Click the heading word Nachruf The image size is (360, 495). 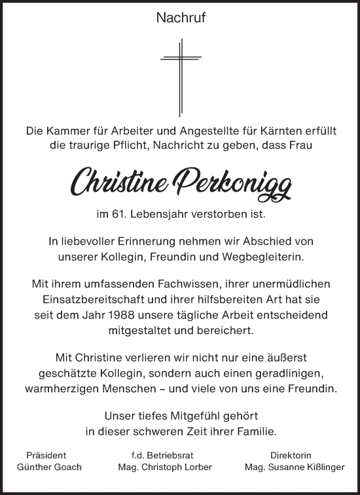pyautogui.click(x=180, y=19)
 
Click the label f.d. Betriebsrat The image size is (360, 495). pyautogui.click(x=160, y=454)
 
